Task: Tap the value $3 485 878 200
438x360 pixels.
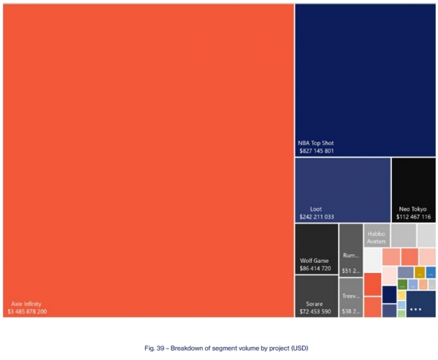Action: (x=27, y=312)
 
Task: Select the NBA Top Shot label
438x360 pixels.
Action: (x=315, y=143)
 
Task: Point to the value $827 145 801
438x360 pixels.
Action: (x=317, y=151)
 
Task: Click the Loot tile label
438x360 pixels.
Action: (x=315, y=209)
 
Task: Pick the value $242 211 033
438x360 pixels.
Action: (x=317, y=217)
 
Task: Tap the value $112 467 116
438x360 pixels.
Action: (x=413, y=217)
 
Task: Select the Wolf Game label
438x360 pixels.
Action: (x=315, y=261)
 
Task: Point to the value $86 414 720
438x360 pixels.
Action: (x=315, y=269)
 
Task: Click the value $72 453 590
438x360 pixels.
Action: (x=315, y=312)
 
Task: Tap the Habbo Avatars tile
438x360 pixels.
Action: (x=376, y=236)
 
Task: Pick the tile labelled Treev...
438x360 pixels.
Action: (x=351, y=297)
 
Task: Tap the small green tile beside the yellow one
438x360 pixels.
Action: (x=402, y=284)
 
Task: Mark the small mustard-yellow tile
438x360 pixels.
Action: (x=420, y=272)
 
